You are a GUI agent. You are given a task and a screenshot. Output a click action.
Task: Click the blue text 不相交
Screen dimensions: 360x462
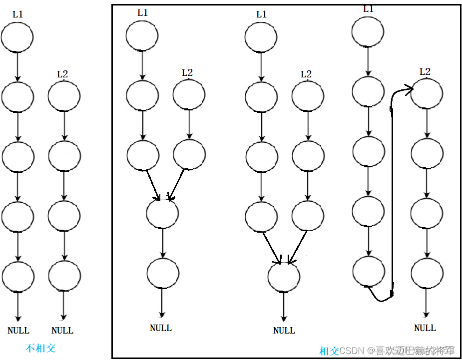(x=40, y=348)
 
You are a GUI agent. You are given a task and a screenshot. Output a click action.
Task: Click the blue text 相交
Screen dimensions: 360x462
(x=329, y=351)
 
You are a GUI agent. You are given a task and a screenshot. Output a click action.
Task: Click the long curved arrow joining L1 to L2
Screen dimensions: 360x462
(x=393, y=195)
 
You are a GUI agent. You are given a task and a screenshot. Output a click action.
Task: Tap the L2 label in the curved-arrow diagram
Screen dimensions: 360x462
(x=425, y=72)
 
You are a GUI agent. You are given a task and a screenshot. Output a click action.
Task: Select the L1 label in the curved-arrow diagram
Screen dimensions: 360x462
(x=368, y=9)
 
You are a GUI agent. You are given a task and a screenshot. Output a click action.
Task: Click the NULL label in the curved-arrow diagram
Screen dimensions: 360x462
(x=425, y=328)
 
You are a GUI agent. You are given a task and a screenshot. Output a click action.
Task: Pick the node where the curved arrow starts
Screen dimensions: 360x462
(x=369, y=271)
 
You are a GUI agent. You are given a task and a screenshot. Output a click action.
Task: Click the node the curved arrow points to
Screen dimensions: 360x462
(x=427, y=93)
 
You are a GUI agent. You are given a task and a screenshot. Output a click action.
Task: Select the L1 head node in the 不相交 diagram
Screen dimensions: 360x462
(x=17, y=37)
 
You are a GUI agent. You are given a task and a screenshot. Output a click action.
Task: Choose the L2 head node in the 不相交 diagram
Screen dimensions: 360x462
(x=64, y=95)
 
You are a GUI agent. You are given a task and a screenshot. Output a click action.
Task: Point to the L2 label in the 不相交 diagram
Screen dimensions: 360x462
(x=62, y=74)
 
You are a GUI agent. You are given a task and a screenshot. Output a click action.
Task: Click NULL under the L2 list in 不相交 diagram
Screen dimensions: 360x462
(x=62, y=330)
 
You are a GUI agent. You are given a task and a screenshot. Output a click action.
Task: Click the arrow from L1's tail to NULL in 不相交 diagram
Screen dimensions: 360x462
(x=18, y=306)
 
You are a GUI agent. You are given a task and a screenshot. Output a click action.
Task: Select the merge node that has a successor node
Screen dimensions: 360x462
(x=162, y=213)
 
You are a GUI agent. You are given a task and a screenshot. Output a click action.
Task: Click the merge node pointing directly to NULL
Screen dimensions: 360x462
(x=284, y=276)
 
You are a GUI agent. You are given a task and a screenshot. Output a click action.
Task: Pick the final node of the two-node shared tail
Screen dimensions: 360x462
(x=163, y=273)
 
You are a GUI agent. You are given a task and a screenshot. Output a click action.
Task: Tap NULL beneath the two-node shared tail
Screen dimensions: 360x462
(x=161, y=328)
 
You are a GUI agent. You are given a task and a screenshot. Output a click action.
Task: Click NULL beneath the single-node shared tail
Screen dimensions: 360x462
(x=284, y=330)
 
